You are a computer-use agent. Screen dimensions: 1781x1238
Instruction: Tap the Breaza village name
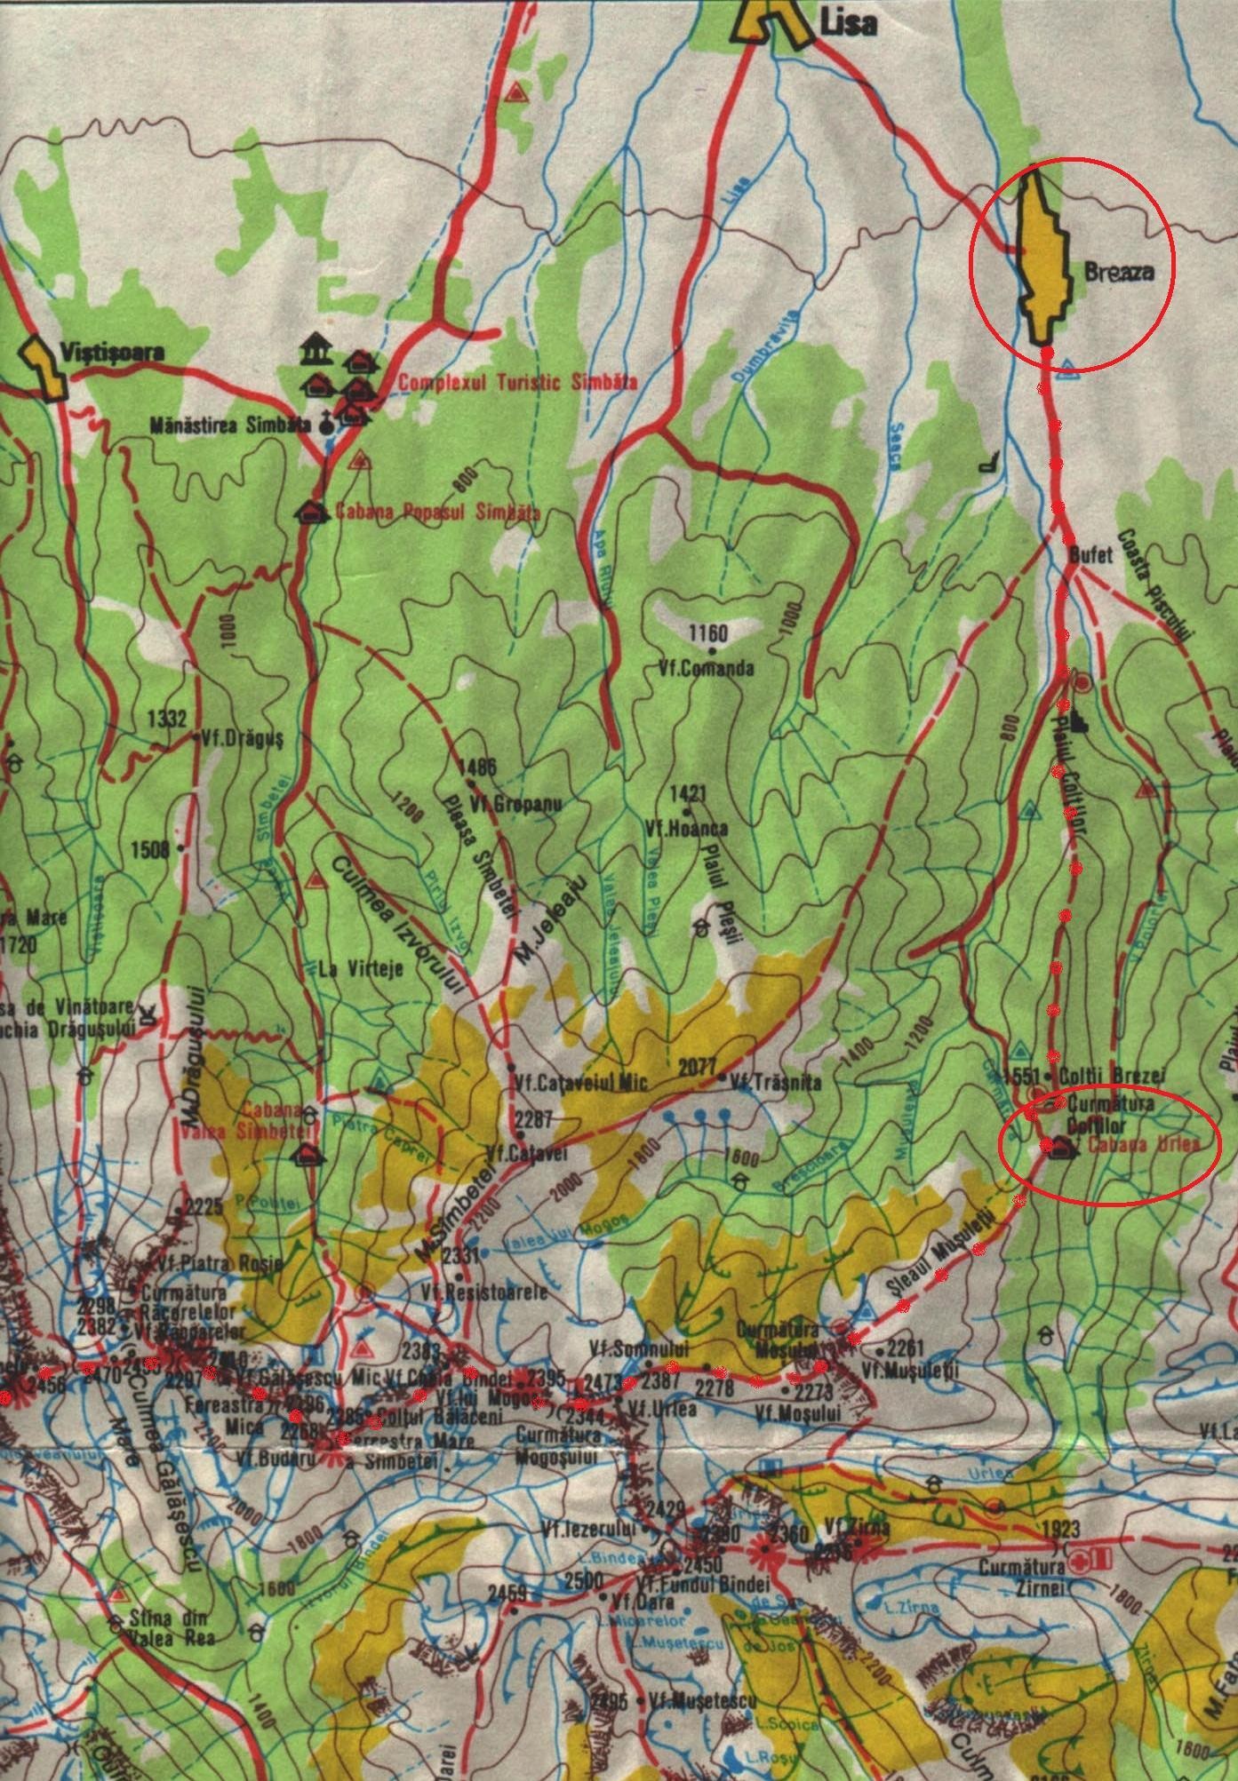coord(1119,273)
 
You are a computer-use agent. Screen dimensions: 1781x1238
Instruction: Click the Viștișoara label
coord(113,352)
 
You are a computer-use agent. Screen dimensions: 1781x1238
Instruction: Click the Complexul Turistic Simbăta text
coord(518,383)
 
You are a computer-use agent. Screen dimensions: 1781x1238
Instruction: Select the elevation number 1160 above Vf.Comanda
coord(708,633)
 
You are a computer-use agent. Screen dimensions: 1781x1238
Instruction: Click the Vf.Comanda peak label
coord(707,668)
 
